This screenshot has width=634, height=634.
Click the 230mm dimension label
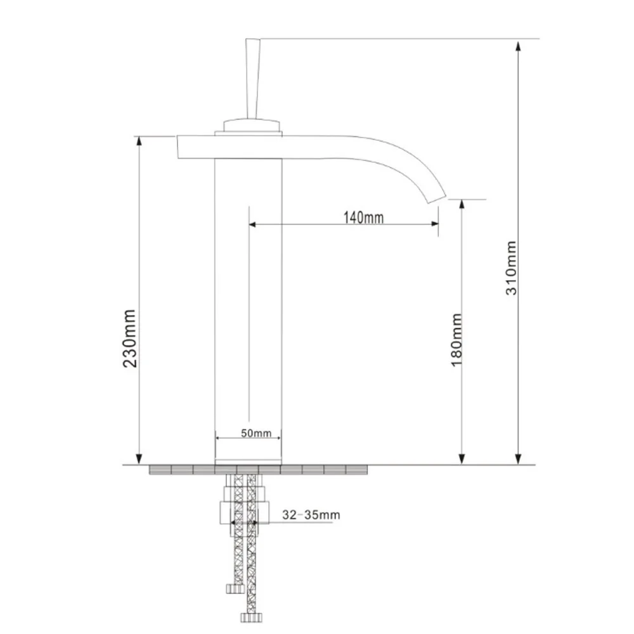pyautogui.click(x=130, y=338)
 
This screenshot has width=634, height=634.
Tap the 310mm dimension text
pyautogui.click(x=511, y=268)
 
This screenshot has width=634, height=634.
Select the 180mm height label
pyautogui.click(x=456, y=340)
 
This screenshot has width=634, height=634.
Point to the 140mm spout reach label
pyautogui.click(x=363, y=217)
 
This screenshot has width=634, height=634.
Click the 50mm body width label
pyautogui.click(x=256, y=433)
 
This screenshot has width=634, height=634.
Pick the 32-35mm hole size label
pyautogui.click(x=311, y=515)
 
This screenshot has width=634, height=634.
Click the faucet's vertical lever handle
pyautogui.click(x=253, y=79)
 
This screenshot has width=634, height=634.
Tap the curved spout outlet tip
pyautogui.click(x=437, y=197)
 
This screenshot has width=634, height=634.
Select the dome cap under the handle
pyautogui.click(x=252, y=125)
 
